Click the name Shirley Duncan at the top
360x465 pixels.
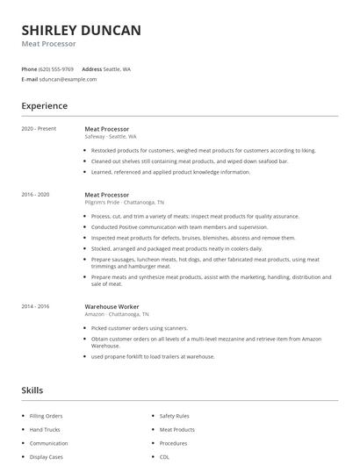pyautogui.click(x=81, y=31)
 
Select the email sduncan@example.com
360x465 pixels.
pyautogui.click(x=68, y=79)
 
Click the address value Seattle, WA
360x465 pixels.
pyautogui.click(x=118, y=68)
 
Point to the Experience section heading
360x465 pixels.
pyautogui.click(x=45, y=106)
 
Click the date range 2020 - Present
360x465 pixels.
pyautogui.click(x=39, y=129)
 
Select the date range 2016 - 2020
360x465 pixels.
pyautogui.click(x=35, y=194)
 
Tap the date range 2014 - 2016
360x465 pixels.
pyautogui.click(x=35, y=306)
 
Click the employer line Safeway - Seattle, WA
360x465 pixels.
pyautogui.click(x=110, y=137)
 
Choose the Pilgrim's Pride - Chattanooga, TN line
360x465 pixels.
pyautogui.click(x=124, y=202)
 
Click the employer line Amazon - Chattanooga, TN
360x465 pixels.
pyautogui.click(x=117, y=314)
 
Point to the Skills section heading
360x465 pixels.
pyautogui.click(x=32, y=390)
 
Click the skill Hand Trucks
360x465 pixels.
pyautogui.click(x=45, y=430)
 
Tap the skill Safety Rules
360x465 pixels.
pyautogui.click(x=174, y=416)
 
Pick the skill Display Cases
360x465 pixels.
pyautogui.click(x=47, y=457)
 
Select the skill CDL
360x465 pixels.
pyautogui.click(x=164, y=457)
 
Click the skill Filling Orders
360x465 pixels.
pyautogui.click(x=47, y=416)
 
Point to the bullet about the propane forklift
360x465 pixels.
pyautogui.click(x=153, y=356)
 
